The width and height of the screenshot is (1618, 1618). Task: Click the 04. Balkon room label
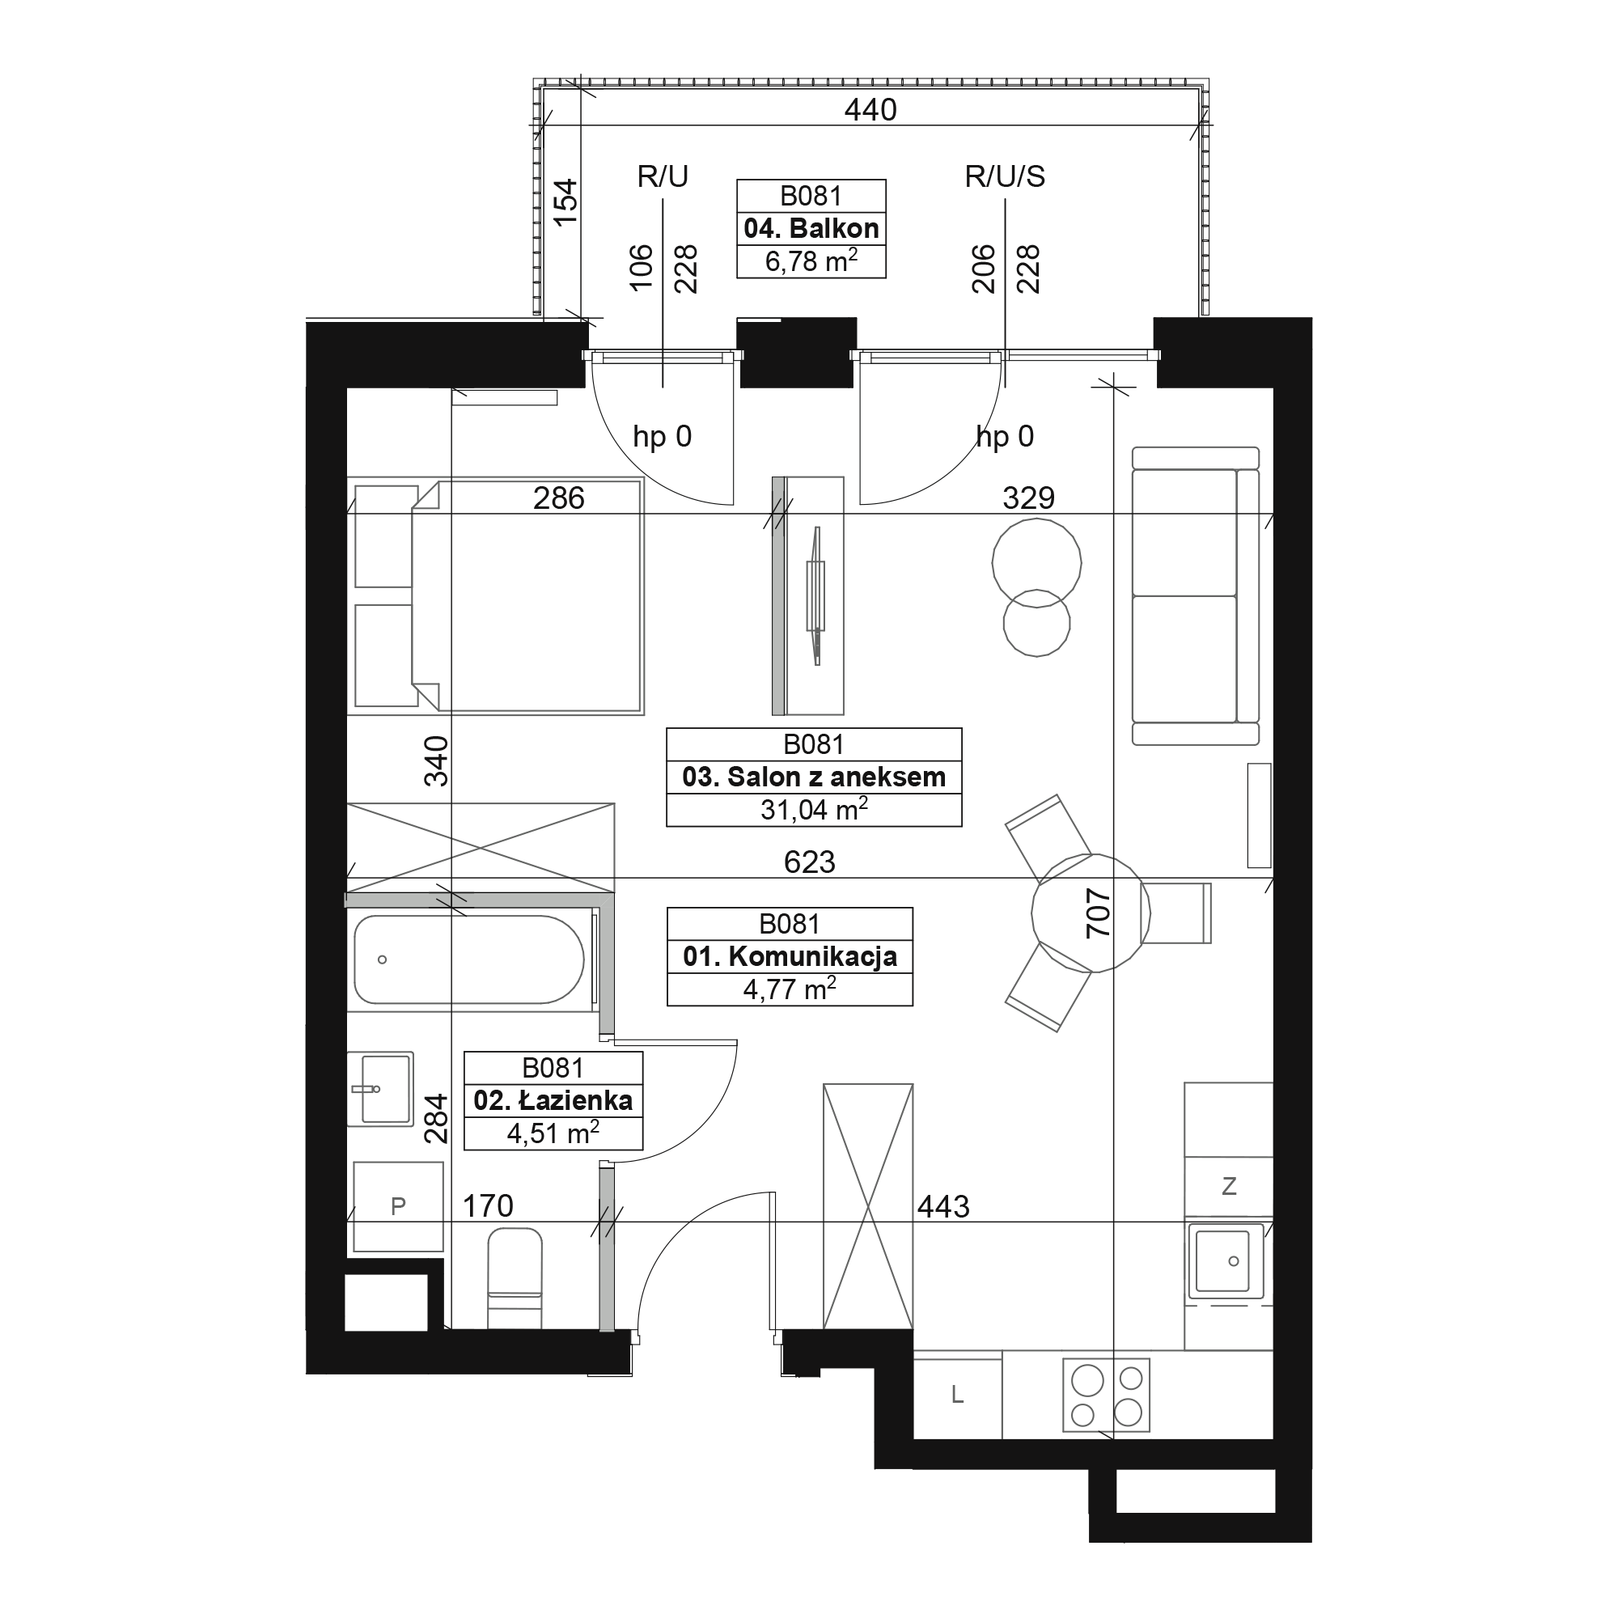(x=811, y=229)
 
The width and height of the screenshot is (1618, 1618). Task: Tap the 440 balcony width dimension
(x=870, y=110)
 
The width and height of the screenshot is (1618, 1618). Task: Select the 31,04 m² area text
(x=813, y=809)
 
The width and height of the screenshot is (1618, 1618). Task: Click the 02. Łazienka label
(x=553, y=1100)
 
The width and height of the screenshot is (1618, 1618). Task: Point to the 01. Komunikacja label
(x=790, y=956)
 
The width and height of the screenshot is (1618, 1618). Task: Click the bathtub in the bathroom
(x=469, y=959)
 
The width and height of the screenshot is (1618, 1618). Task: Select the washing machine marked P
(x=398, y=1206)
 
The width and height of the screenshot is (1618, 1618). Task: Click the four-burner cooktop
(x=1105, y=1395)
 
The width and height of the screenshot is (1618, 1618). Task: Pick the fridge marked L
(x=957, y=1395)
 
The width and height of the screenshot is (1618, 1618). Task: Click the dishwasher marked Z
(x=1229, y=1186)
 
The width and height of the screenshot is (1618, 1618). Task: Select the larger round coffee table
(x=1037, y=563)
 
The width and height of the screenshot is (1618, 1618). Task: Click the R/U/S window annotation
(x=1004, y=176)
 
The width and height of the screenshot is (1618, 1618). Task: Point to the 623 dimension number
(x=809, y=862)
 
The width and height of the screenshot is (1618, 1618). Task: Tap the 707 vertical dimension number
(x=1097, y=913)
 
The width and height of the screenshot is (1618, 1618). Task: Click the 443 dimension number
(x=943, y=1207)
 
